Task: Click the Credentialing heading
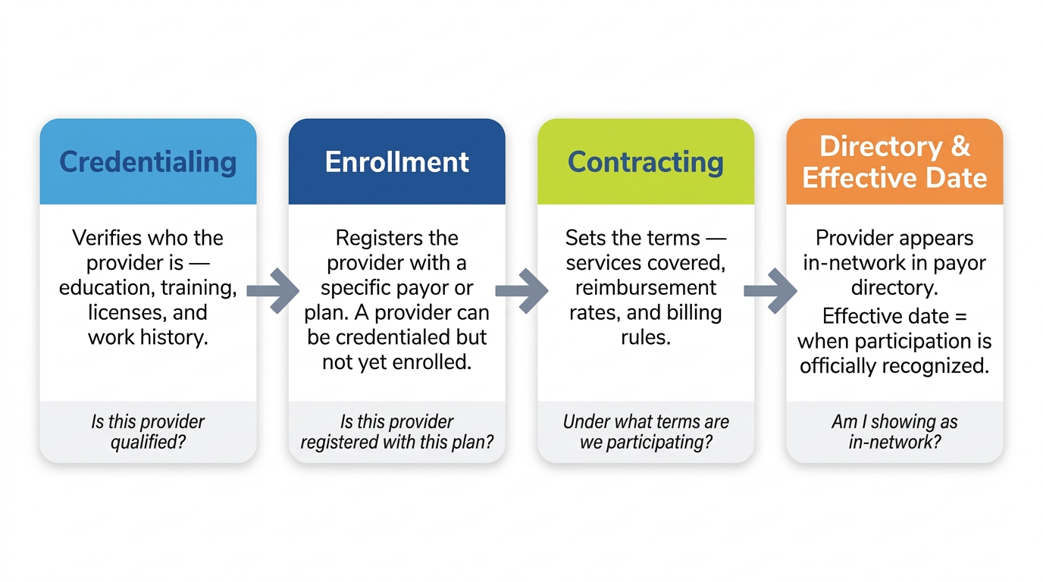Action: (x=148, y=162)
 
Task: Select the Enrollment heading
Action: (x=396, y=162)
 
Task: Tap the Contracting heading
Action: (x=645, y=162)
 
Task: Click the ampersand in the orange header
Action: (x=960, y=146)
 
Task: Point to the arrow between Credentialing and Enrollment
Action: (x=273, y=290)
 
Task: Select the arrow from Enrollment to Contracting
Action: (x=521, y=290)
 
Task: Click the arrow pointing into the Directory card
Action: (x=770, y=290)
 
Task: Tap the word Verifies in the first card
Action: (x=107, y=238)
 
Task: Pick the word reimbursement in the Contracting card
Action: (x=645, y=288)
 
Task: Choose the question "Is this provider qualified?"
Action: (x=148, y=431)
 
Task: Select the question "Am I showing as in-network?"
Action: (x=894, y=431)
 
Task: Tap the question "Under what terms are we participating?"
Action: (x=645, y=431)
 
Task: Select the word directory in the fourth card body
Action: (x=894, y=288)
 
